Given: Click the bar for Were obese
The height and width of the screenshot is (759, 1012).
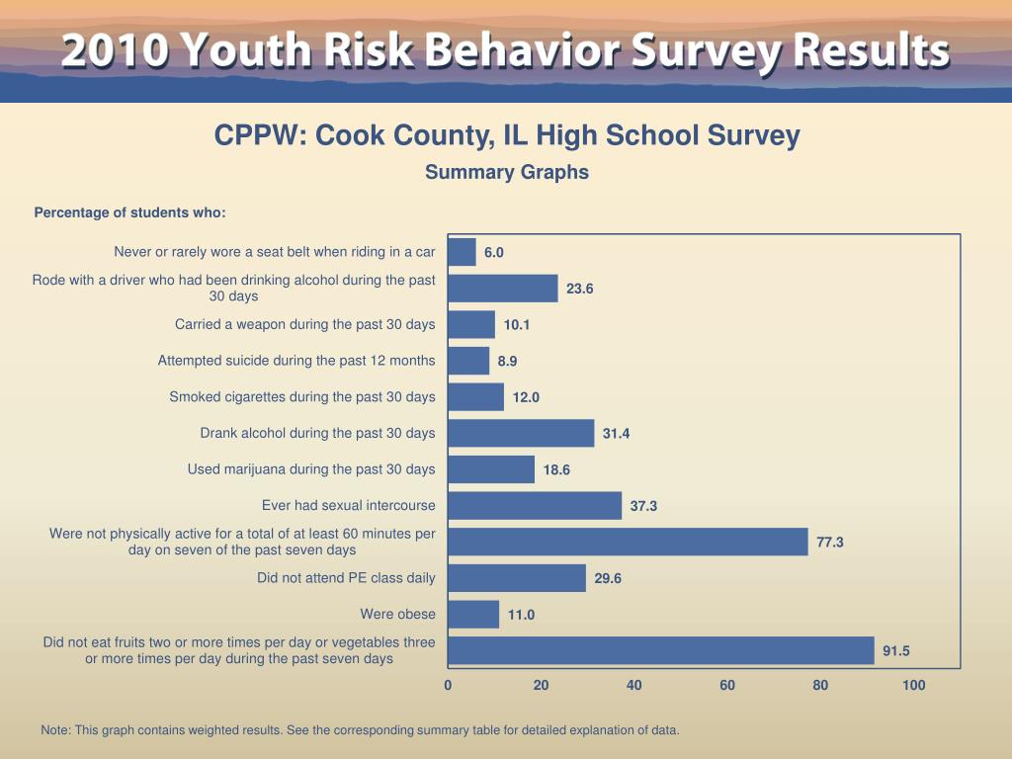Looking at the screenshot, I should (x=473, y=615).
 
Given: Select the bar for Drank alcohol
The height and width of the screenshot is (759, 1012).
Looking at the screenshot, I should (x=521, y=433).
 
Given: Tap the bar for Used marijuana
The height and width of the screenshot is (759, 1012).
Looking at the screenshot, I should (x=491, y=469).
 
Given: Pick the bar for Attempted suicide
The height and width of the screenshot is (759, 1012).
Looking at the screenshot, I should (x=468, y=361).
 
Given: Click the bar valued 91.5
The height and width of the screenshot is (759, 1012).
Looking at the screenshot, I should (x=661, y=650).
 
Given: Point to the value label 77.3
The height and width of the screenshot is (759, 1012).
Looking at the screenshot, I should (x=830, y=542).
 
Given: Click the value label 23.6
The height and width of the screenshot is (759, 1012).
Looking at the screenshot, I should (x=580, y=289).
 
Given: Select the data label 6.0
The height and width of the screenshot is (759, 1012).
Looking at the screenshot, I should (x=494, y=252).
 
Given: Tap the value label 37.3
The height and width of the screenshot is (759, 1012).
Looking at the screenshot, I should (x=643, y=506).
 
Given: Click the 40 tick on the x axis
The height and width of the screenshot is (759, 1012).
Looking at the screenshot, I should (x=634, y=686).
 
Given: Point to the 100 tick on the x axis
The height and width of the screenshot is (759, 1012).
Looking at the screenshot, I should (x=914, y=686).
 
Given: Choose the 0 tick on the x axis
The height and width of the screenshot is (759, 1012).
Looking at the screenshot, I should (x=448, y=686).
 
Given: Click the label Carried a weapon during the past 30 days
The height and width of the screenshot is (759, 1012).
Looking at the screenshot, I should (x=304, y=324).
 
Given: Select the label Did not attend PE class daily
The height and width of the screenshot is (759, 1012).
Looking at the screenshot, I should (x=346, y=578).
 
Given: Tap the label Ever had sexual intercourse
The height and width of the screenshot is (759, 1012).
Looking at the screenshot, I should (x=348, y=506).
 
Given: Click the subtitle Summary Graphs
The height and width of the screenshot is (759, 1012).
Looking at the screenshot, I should (x=507, y=172).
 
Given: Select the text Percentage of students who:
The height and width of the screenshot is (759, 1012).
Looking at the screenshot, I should (x=129, y=213).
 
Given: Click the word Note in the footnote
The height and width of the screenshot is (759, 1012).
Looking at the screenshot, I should (x=54, y=730).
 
